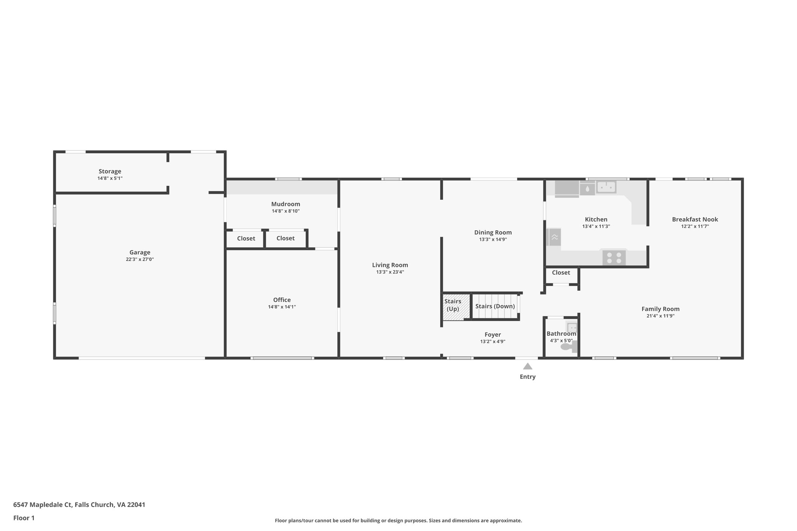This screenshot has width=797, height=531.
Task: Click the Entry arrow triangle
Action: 527,366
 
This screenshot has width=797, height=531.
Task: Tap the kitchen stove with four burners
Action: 614,258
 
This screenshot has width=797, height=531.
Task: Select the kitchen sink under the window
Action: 606,187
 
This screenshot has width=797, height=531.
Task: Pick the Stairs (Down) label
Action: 495,306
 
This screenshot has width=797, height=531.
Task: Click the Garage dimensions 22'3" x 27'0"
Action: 140,259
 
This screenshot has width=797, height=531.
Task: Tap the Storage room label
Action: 110,171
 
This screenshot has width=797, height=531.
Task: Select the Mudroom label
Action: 286,204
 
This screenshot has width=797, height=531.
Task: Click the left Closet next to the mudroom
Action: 246,238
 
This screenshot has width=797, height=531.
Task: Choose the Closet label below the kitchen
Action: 561,273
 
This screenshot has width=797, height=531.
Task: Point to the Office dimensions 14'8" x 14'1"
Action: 282,307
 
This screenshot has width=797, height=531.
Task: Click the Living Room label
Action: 390,265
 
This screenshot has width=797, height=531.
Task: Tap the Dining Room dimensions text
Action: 493,240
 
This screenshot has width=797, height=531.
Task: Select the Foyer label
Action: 493,335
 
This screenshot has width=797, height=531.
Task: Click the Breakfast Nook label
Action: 695,219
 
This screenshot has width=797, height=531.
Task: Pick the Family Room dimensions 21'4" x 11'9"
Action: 660,316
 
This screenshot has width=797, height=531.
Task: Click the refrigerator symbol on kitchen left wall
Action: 554,237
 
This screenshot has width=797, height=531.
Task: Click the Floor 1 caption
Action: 24,518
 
